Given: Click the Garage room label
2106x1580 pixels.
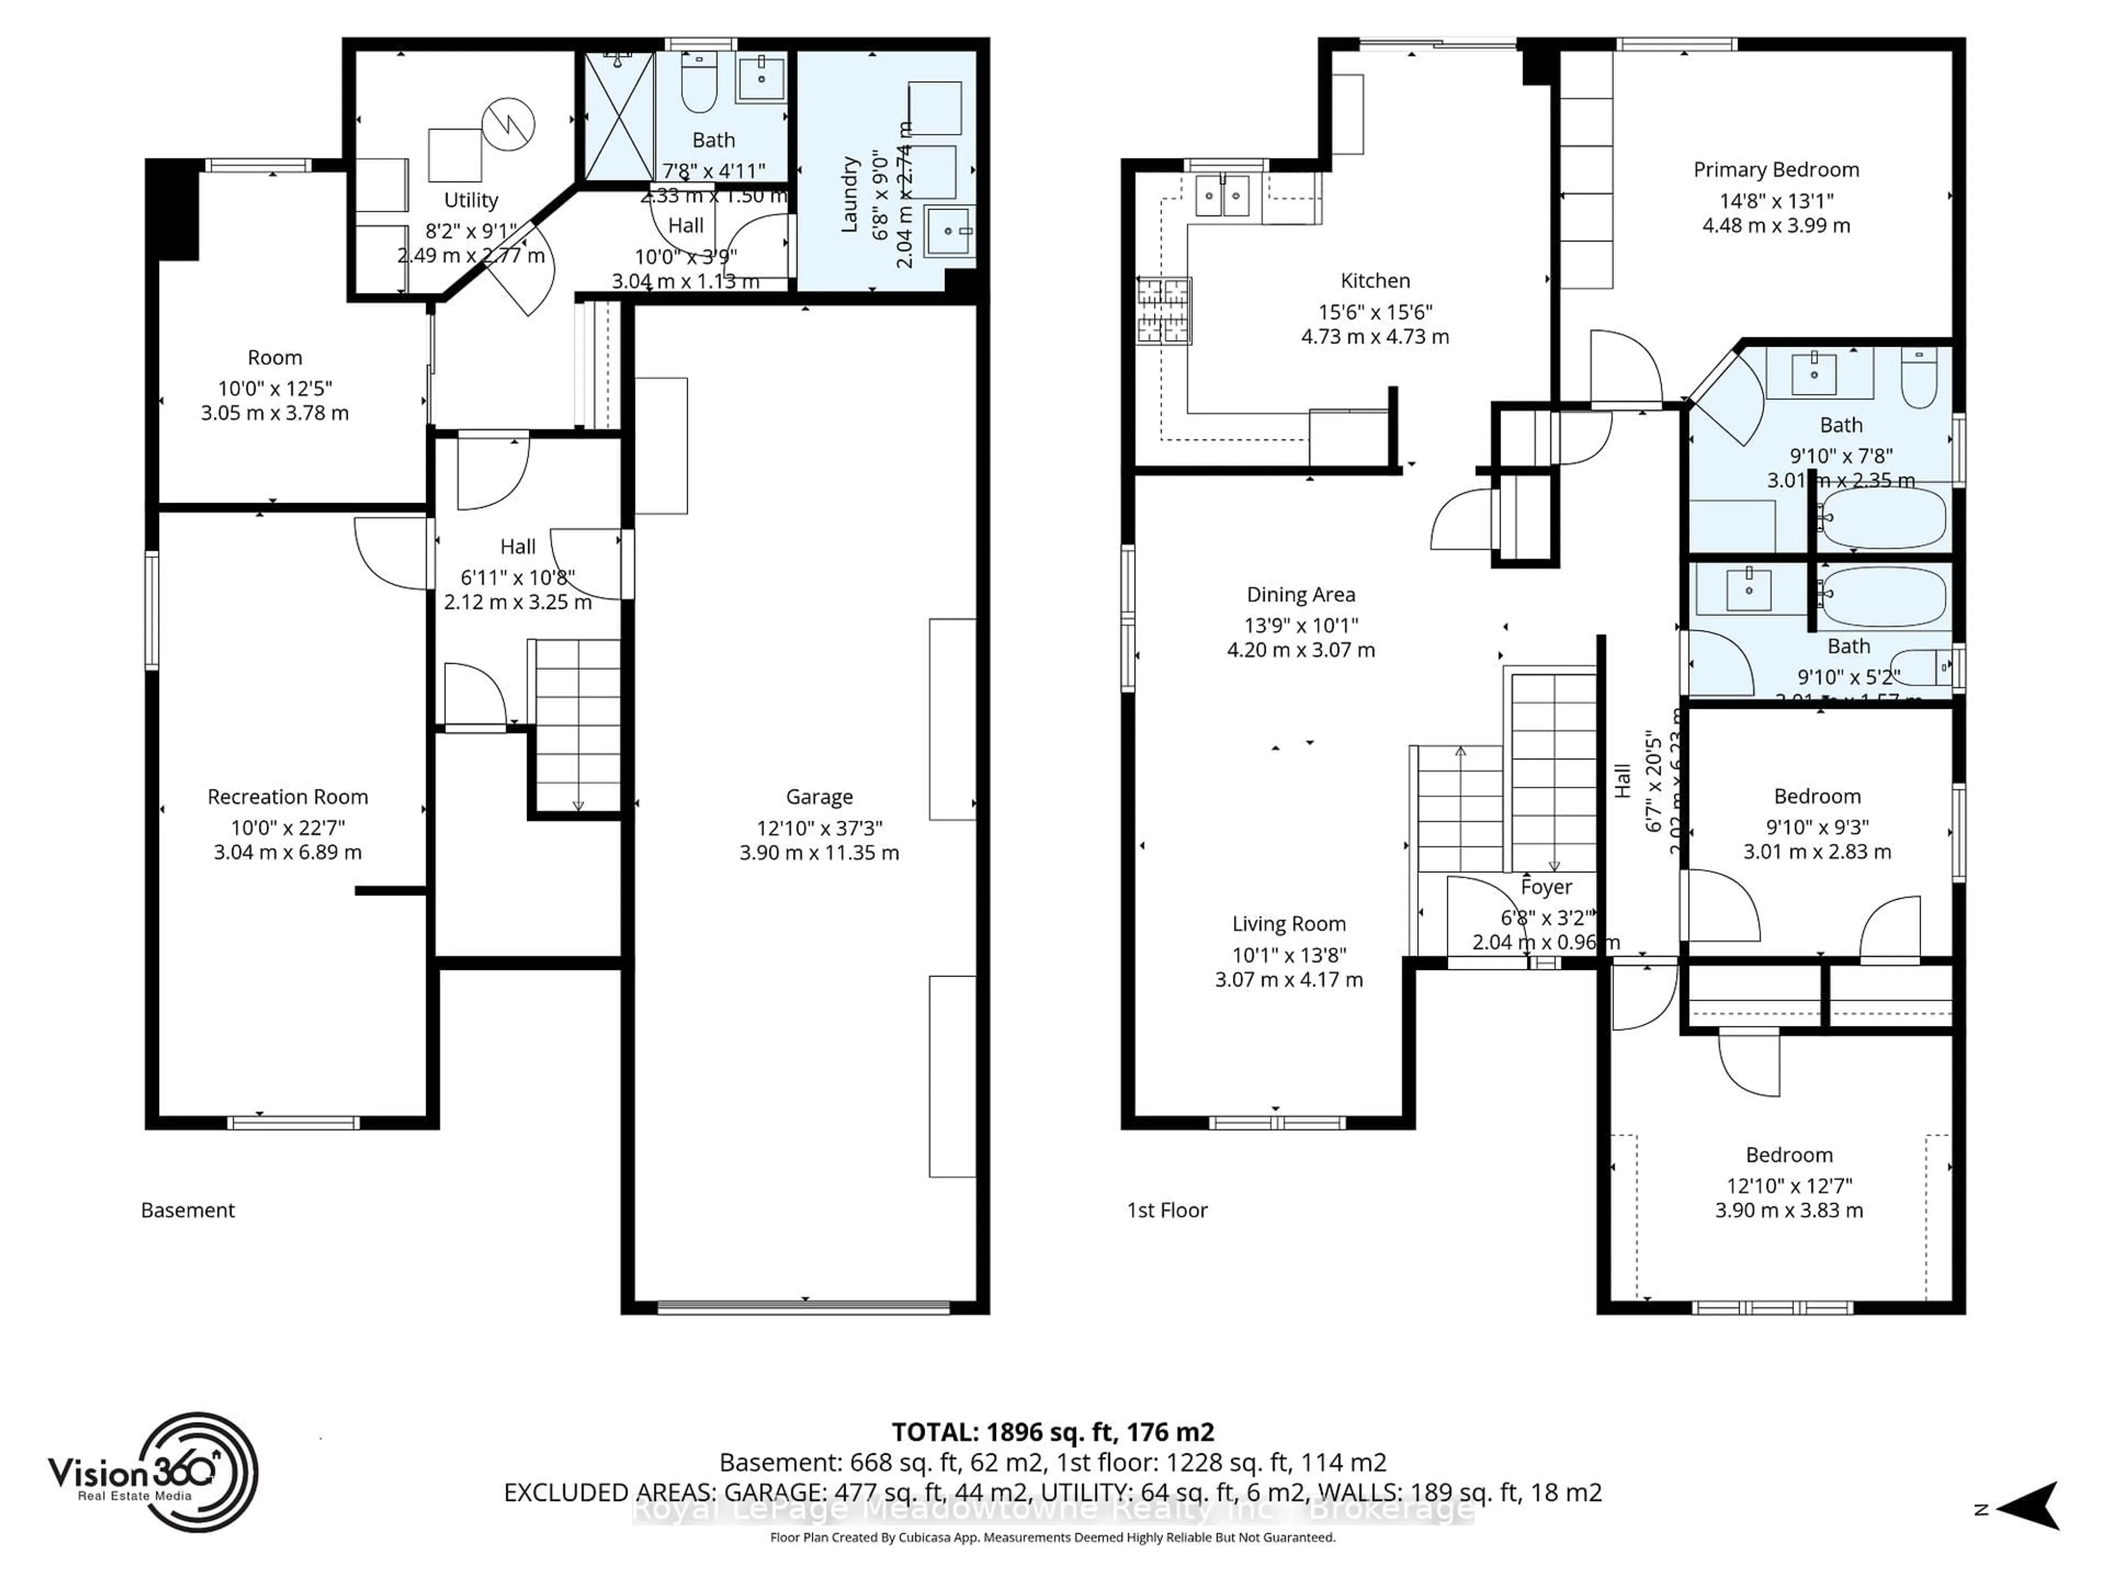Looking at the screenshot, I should pyautogui.click(x=819, y=796).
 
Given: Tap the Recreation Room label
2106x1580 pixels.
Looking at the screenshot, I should pyautogui.click(x=287, y=796).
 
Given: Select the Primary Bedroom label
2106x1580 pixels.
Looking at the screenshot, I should pyautogui.click(x=1776, y=170).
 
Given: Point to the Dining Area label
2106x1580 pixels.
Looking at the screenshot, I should pyautogui.click(x=1300, y=594).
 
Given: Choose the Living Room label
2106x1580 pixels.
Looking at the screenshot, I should pyautogui.click(x=1288, y=924).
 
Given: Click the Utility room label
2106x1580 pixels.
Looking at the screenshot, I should pyautogui.click(x=471, y=200).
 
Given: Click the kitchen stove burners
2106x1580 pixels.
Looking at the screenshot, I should pyautogui.click(x=1163, y=311).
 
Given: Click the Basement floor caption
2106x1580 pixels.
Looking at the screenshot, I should pyautogui.click(x=188, y=1210).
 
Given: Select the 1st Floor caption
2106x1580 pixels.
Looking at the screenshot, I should pyautogui.click(x=1167, y=1210).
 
